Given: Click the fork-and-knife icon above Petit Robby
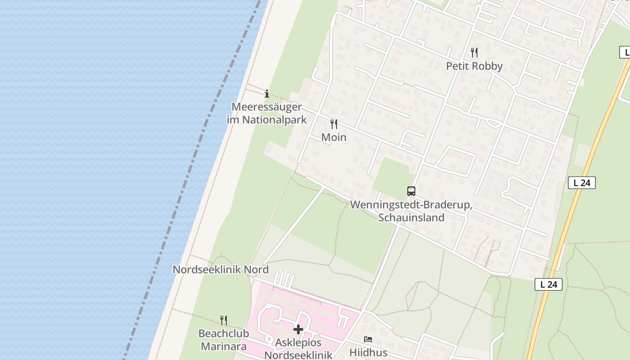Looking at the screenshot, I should (474, 53).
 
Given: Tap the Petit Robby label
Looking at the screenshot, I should (474, 66).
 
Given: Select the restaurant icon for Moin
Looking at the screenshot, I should (334, 124).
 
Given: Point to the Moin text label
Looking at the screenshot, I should (334, 137).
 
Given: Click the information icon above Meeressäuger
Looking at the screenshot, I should (267, 94).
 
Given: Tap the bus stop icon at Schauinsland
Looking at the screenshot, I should (411, 191).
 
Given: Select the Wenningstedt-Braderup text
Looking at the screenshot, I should (411, 205).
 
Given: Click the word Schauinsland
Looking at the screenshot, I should (411, 218).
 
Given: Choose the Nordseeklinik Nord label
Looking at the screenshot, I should (220, 270).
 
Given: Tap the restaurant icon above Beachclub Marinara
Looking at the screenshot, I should (223, 320).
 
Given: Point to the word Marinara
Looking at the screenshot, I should (224, 346).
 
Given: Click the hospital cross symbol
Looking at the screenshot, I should (298, 329).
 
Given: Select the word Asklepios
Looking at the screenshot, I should (298, 343).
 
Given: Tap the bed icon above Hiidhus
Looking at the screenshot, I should (368, 339).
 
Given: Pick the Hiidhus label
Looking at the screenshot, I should (368, 352).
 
